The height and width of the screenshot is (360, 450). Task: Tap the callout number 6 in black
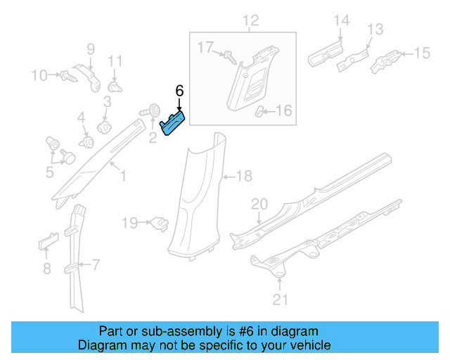click(x=179, y=91)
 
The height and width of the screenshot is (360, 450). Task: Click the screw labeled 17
click(x=229, y=56)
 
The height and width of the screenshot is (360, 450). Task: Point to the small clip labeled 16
click(x=259, y=110)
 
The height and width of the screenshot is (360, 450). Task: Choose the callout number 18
click(x=243, y=176)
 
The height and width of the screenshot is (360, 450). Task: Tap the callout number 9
click(x=90, y=49)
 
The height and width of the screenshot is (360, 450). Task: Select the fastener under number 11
click(x=115, y=87)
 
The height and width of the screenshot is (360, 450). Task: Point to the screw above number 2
click(x=150, y=110)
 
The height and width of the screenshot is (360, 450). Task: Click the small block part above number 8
click(x=46, y=243)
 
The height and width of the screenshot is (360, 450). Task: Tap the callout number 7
click(x=96, y=265)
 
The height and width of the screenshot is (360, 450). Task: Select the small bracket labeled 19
click(x=160, y=224)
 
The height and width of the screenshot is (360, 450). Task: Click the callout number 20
click(x=259, y=204)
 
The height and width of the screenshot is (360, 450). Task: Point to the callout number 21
click(x=281, y=302)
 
